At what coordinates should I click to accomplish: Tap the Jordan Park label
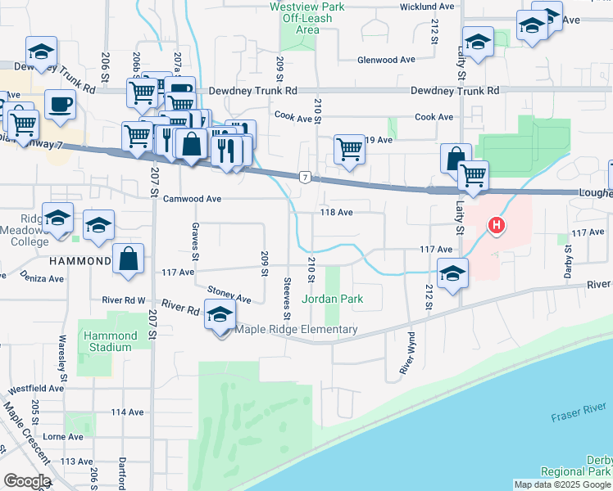coord(332,299)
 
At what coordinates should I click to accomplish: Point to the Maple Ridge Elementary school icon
coord(219,315)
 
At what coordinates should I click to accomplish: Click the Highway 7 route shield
coord(304,177)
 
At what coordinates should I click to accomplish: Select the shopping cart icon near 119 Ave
coord(350,149)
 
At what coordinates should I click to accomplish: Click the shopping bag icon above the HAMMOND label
coord(129,259)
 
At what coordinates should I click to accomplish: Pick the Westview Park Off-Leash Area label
coord(300,18)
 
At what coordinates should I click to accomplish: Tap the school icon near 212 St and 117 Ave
coord(452,274)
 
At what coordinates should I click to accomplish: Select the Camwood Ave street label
coord(193,199)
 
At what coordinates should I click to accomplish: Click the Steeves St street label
coord(288,299)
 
